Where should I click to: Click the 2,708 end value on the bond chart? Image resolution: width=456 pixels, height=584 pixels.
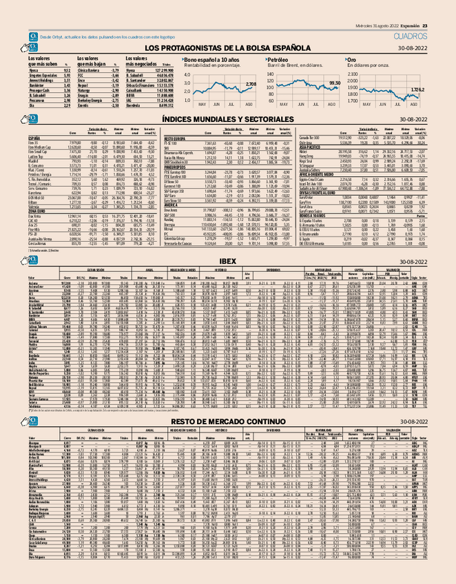pos(251,84)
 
